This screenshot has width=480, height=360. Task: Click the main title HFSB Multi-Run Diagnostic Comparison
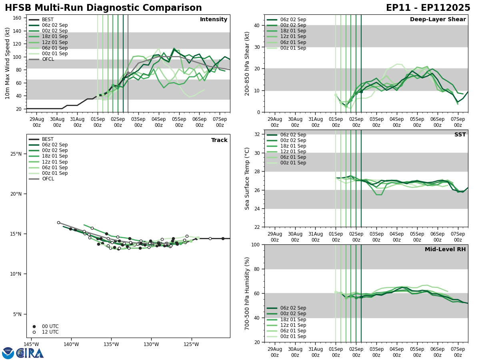tap(103, 8)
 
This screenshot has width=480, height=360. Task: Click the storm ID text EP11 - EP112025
tap(428, 8)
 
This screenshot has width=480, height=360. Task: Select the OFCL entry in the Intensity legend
tap(48, 60)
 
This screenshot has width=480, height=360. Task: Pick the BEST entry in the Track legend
tap(48, 140)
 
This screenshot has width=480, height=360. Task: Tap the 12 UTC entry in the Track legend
tap(50, 332)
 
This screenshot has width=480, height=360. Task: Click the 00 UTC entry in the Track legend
tap(50, 326)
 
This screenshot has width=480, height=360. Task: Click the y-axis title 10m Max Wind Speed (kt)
tap(8, 63)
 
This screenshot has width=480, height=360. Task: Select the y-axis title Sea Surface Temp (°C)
tap(247, 178)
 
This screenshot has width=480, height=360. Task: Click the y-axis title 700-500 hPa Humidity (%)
tap(247, 293)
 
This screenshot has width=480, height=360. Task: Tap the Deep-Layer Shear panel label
tap(438, 20)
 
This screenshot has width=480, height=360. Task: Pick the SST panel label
tap(460, 135)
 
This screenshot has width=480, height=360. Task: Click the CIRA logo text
tap(30, 353)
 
